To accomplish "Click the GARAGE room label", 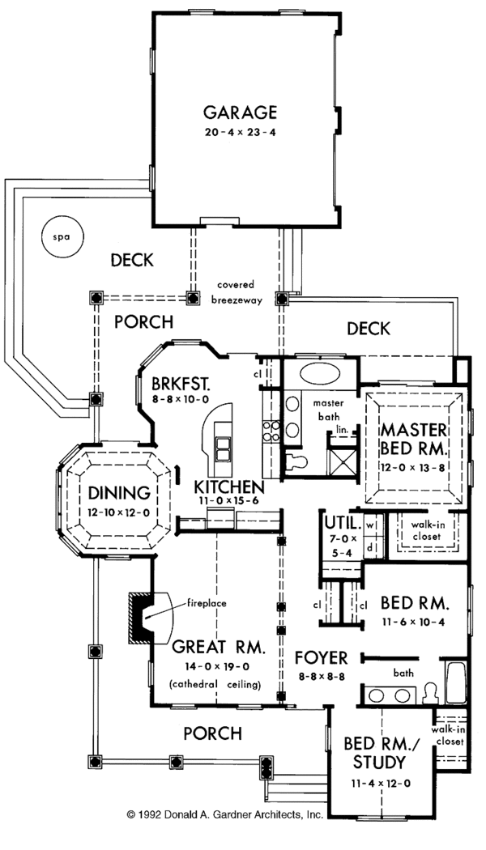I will click(241, 113).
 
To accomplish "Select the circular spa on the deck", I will click(57, 237).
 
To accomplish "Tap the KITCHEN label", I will click(228, 487).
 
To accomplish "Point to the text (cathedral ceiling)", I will click(216, 686).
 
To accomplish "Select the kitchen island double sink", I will click(222, 445).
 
